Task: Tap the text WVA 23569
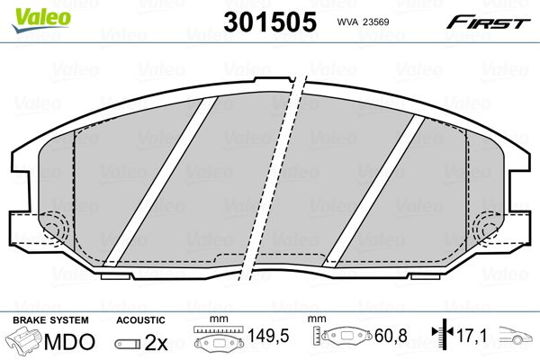click(362, 23)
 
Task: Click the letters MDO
click(74, 344)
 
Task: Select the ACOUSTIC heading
click(140, 320)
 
